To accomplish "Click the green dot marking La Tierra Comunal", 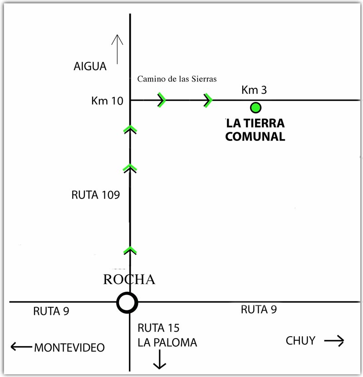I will (256, 107).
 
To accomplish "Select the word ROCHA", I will (129, 280).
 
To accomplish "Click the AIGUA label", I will (90, 67).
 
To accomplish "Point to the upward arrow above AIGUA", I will (118, 49).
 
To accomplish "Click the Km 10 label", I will (107, 101).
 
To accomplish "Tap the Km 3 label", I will (254, 91).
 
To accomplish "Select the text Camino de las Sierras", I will (177, 79).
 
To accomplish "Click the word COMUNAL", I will (255, 136).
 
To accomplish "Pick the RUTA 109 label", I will (96, 195).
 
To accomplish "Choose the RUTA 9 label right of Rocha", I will (259, 310).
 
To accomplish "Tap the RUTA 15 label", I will (156, 328).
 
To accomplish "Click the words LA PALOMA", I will (167, 343).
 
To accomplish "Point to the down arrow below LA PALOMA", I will (159, 360).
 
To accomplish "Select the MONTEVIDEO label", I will (69, 348).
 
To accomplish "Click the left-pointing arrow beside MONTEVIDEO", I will (20, 347).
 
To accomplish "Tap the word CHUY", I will (300, 341).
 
